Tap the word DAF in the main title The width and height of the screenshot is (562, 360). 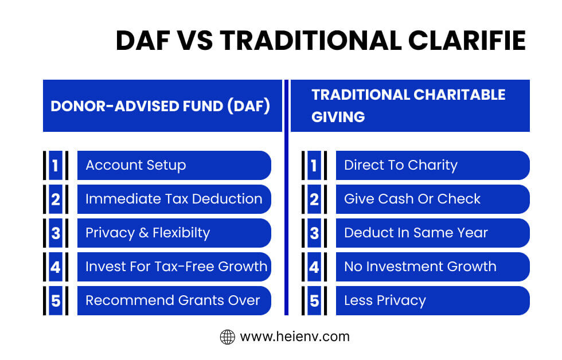146,41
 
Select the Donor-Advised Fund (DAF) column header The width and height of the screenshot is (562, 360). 162,107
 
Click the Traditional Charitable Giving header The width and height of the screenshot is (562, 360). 409,105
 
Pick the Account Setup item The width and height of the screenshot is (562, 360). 174,165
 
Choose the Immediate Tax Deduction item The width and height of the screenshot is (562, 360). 174,199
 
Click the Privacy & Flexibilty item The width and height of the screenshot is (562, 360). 174,233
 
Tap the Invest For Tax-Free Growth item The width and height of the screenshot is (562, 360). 174,267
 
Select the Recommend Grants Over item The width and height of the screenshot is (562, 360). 174,300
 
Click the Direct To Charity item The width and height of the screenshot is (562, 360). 432,165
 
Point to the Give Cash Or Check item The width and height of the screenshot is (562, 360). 432,199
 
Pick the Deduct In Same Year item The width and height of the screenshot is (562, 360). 432,233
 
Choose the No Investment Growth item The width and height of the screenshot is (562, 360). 432,267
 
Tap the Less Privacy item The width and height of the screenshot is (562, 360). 432,300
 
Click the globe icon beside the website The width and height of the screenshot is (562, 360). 228,337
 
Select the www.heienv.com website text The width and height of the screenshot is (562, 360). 294,337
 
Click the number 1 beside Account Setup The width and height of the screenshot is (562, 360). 56,166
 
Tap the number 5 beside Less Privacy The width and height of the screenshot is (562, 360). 314,301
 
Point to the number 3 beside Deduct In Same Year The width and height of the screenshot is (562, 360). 314,233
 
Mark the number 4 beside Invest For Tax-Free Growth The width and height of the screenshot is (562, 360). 56,267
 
